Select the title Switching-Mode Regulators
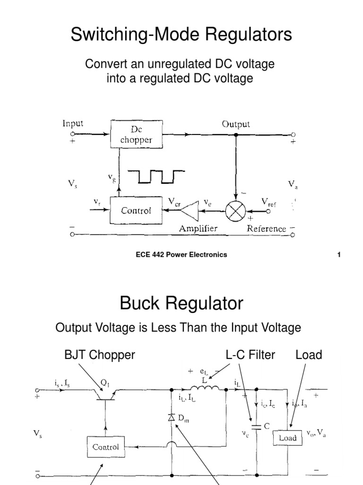(181, 35)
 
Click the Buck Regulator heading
(181, 303)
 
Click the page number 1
(339, 254)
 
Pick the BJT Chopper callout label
(100, 355)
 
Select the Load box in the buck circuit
(287, 438)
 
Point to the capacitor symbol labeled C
(256, 427)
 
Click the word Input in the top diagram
(73, 124)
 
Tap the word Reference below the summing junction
(267, 228)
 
